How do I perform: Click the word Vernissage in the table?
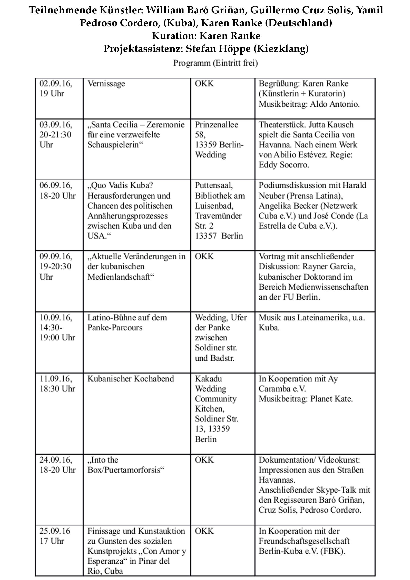106,84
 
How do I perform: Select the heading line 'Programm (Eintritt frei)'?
215,63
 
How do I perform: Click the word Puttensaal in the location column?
214,185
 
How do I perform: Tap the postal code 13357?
206,236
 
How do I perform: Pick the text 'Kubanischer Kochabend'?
130,379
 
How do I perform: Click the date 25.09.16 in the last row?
54,531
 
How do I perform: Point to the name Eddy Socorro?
284,165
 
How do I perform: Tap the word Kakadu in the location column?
208,379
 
